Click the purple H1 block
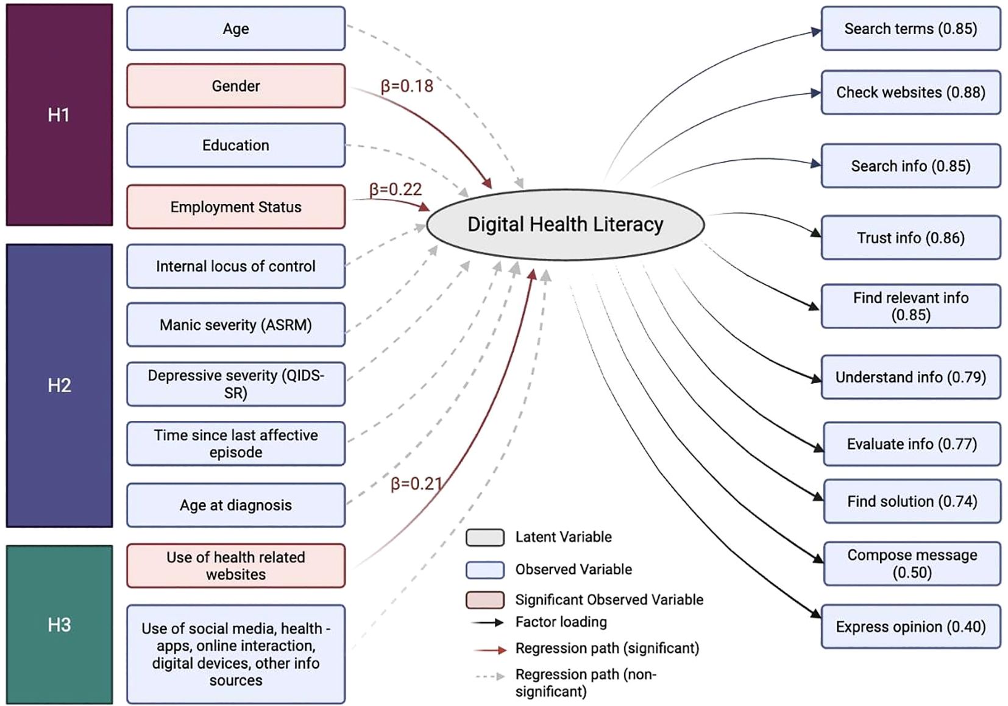[59, 115]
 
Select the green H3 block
[59, 624]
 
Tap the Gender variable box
[236, 86]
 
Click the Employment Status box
[236, 207]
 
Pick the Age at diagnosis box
[236, 505]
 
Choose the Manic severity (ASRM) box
[236, 325]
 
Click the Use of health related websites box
[236, 565]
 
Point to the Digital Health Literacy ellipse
[565, 225]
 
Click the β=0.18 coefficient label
[406, 86]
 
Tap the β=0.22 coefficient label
[396, 189]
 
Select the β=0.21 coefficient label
[417, 484]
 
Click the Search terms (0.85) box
[910, 29]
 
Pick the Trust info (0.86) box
[910, 238]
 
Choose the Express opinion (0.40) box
[910, 627]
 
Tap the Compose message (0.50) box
[912, 563]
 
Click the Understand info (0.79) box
[910, 377]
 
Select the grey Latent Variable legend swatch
[485, 537]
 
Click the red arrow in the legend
[491, 650]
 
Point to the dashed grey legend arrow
[491, 676]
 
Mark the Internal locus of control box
[236, 266]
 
